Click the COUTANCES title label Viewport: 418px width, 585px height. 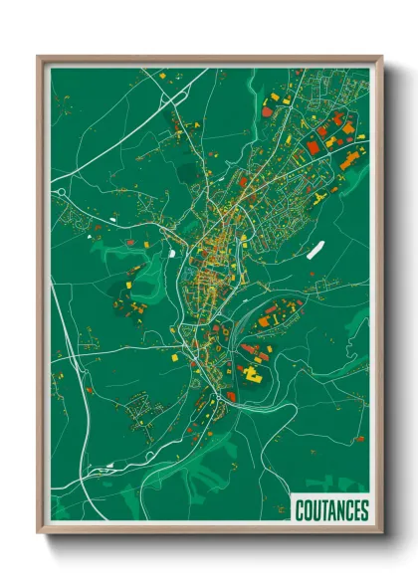point(332,510)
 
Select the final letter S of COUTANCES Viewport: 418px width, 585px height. point(364,510)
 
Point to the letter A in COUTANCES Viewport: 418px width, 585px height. point(332,510)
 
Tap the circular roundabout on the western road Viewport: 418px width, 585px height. point(60,190)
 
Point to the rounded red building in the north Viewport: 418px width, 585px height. point(270,111)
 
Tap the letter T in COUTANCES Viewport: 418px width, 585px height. point(324,510)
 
